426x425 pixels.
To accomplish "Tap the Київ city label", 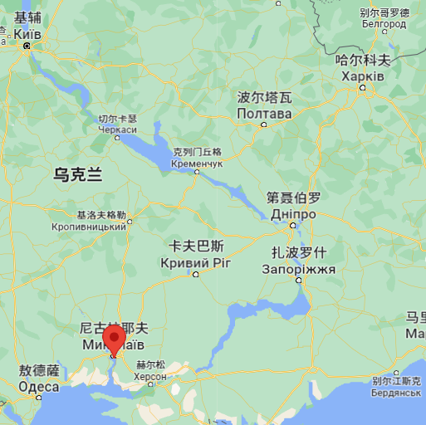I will point(27,34).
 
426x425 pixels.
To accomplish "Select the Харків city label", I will point(363,76).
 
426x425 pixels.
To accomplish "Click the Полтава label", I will point(264,113).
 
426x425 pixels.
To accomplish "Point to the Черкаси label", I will point(117,129).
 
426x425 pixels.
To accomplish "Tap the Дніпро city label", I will point(293,214).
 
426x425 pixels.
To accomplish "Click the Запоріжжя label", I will point(298,269).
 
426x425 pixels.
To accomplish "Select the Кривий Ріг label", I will point(196,262).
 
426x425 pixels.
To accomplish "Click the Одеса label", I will point(39,387).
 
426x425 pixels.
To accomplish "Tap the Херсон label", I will point(151,376).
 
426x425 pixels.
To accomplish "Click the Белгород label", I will point(384,24).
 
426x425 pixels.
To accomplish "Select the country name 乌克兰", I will point(77,175).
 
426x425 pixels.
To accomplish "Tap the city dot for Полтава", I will point(264,125).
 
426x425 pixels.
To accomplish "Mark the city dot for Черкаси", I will point(117,139).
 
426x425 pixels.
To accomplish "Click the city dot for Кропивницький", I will point(130,221).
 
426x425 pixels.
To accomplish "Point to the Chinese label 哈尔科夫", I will point(363,60).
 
